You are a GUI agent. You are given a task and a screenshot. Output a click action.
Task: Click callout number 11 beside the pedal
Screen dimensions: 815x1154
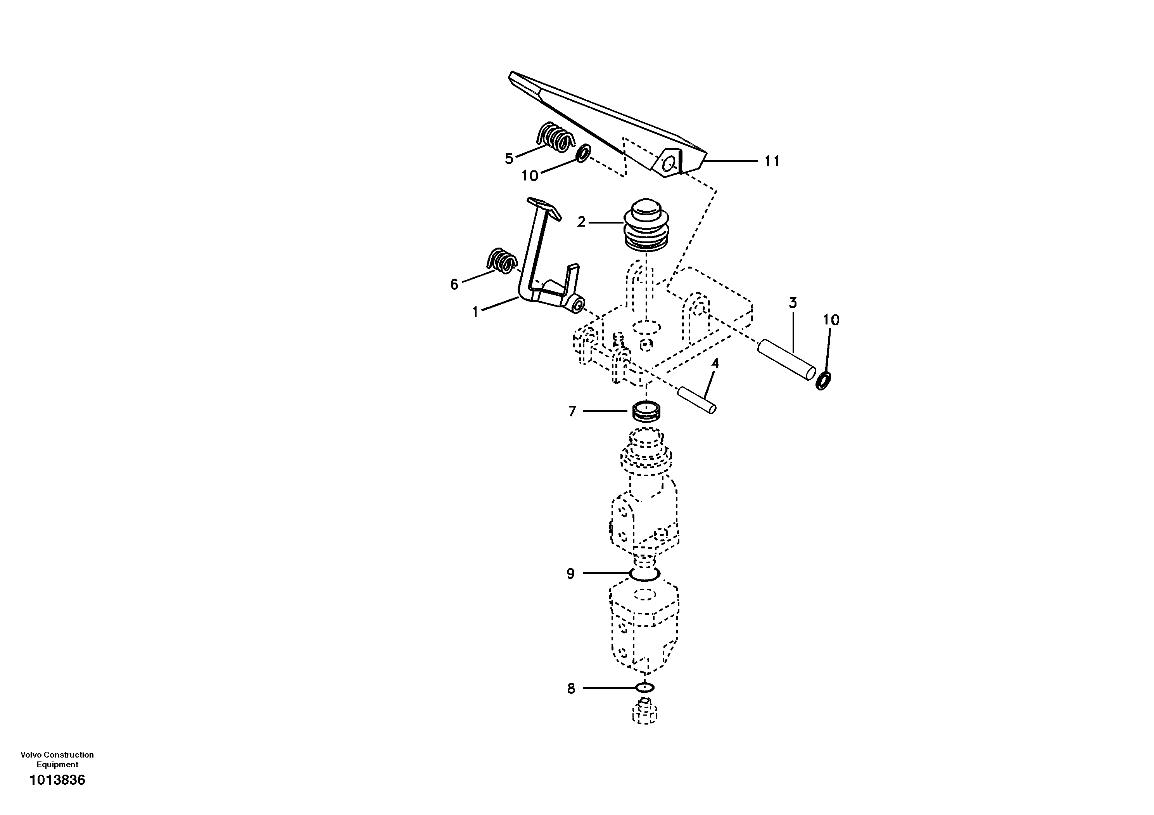[x=772, y=161]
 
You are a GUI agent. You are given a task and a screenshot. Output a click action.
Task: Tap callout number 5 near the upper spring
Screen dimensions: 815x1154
[x=509, y=158]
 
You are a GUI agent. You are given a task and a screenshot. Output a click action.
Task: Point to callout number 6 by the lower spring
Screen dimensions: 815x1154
[x=454, y=285]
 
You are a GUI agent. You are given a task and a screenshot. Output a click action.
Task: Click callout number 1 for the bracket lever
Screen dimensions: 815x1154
[x=475, y=312]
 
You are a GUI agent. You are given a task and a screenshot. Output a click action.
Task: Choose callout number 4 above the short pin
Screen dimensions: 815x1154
[x=715, y=363]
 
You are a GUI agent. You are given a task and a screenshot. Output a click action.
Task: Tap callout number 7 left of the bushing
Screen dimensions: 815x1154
[x=572, y=411]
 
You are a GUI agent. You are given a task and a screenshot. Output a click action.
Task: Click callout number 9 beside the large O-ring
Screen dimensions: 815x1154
[x=570, y=574]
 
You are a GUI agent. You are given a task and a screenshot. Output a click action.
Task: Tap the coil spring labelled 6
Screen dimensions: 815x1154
[x=151, y=260]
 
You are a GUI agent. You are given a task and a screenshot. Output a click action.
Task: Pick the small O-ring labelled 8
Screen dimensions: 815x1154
[x=645, y=687]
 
